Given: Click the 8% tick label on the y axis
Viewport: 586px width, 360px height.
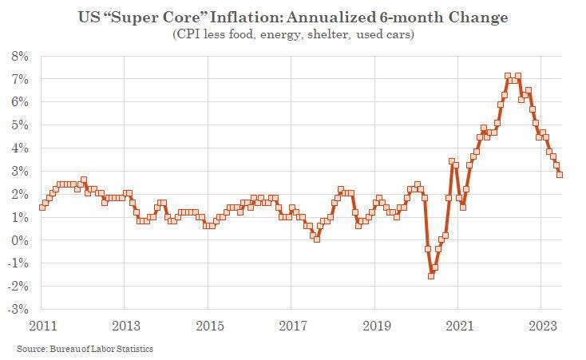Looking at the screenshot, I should (x=19, y=57).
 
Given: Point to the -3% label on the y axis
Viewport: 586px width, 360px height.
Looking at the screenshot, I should (x=18, y=309).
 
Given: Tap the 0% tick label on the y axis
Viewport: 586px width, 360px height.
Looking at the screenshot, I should (x=19, y=240).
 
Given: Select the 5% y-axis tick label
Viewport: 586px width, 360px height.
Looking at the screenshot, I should (x=19, y=125).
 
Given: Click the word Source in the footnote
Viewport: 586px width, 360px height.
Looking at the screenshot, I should (x=30, y=349).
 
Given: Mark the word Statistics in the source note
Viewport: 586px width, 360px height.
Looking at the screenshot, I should (x=133, y=349).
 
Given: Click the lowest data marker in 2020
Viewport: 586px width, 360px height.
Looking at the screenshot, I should (x=431, y=275).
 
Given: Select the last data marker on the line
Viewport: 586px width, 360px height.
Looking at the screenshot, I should (x=559, y=175).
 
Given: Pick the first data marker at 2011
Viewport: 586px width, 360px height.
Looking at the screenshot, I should (x=42, y=207).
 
